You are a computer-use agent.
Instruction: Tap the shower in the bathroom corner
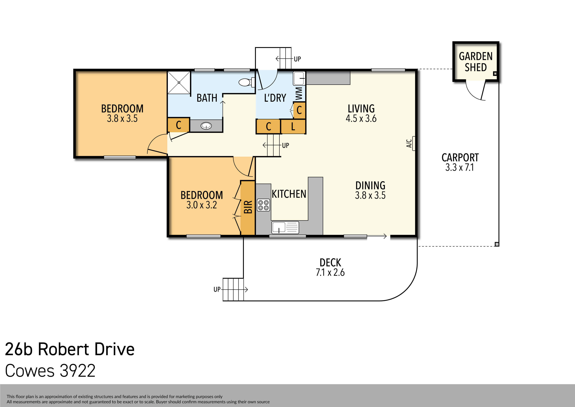coord(179,83)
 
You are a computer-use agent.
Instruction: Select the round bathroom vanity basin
coord(206,126)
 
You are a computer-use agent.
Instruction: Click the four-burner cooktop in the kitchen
coord(263,205)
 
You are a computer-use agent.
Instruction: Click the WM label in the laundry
coord(299,94)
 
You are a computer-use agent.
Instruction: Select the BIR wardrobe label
coord(248,207)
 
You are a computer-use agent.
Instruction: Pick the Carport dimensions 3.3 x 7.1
coord(460,167)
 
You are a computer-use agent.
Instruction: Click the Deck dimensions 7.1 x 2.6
coord(330,272)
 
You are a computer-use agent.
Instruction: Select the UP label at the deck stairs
coord(217,289)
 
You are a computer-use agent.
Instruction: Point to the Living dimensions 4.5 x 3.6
coord(361,118)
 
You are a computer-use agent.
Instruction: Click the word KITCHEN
coord(289,194)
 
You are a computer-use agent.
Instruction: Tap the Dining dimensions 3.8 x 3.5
coord(370,195)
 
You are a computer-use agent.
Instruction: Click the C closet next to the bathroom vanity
coord(178,125)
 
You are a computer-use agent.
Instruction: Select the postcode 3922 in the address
coord(78,371)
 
